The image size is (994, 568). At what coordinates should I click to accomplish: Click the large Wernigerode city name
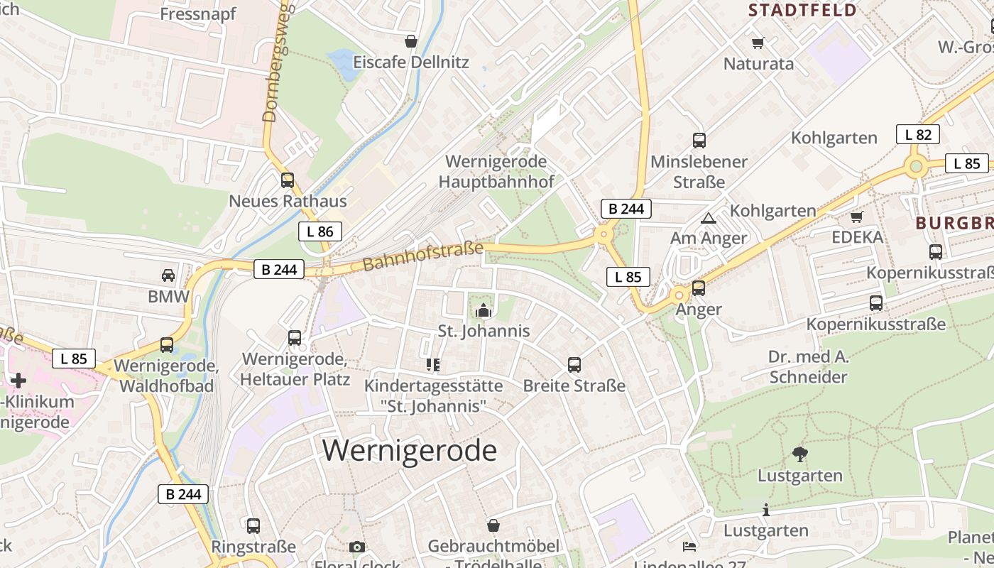[410, 451]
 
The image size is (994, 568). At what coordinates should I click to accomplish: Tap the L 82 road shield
[918, 134]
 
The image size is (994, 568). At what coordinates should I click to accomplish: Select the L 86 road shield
[320, 231]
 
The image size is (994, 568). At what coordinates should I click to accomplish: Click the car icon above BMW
[168, 275]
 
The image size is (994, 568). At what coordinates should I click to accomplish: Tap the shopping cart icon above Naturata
[758, 43]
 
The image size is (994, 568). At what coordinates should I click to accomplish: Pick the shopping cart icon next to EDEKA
[857, 217]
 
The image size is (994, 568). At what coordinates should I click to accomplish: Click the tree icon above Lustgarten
[800, 454]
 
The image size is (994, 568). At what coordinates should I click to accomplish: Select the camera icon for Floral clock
[357, 547]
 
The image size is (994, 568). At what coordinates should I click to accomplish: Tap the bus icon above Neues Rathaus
[288, 180]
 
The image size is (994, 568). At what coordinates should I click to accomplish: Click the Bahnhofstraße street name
[423, 256]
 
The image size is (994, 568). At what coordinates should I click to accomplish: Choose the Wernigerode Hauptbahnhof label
[496, 171]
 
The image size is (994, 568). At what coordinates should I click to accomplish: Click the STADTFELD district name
[803, 10]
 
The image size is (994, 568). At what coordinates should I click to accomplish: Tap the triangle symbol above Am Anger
[708, 218]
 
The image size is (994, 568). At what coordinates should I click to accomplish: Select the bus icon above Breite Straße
[574, 365]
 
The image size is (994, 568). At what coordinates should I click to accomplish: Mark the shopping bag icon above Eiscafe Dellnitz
[410, 41]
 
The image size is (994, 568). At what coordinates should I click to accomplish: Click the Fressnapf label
[198, 14]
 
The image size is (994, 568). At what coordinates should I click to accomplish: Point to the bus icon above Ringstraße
[253, 526]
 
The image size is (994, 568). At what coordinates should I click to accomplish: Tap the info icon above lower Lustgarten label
[765, 510]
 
